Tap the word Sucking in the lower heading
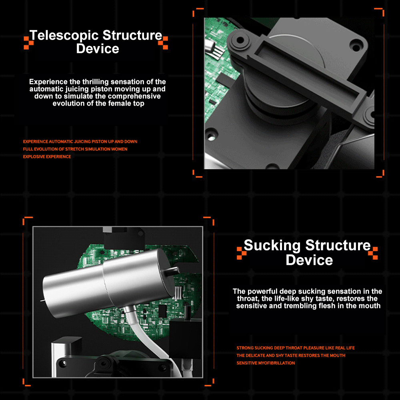[272, 246]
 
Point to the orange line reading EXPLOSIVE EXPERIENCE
[47, 157]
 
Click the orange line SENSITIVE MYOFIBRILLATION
[266, 363]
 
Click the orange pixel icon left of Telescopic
[28, 43]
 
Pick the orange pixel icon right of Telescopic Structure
[163, 43]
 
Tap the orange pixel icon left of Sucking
[242, 253]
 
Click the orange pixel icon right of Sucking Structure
[373, 253]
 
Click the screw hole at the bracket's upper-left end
[240, 40]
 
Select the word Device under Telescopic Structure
[98, 49]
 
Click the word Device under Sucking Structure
[309, 260]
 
